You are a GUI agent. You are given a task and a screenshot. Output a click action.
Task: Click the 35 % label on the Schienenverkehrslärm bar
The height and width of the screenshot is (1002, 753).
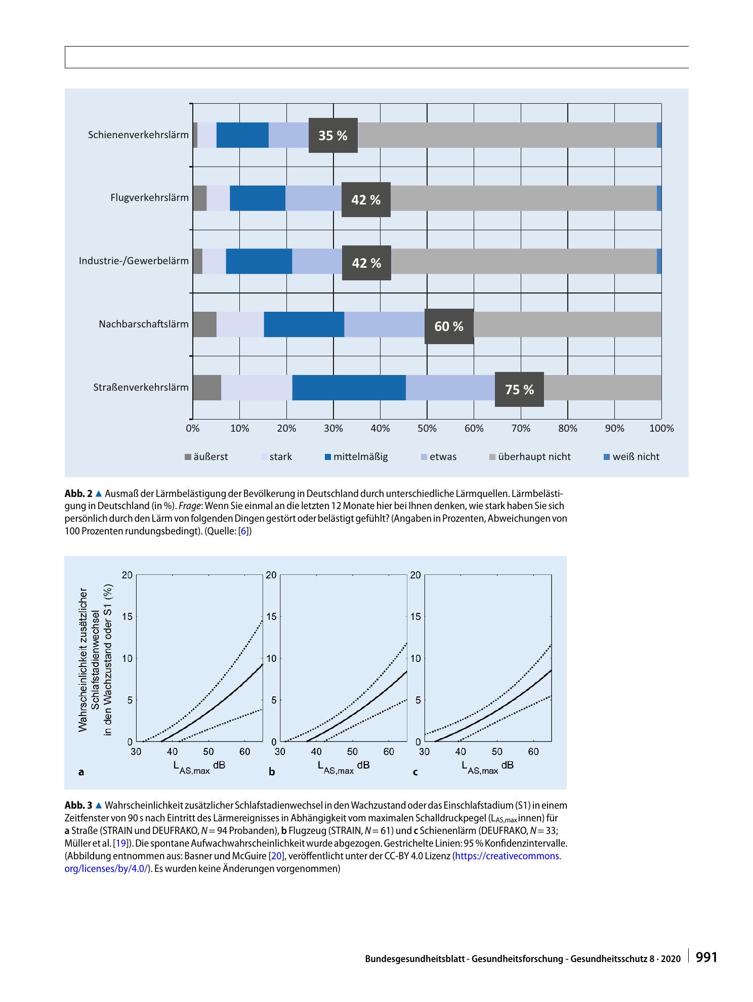pos(333,136)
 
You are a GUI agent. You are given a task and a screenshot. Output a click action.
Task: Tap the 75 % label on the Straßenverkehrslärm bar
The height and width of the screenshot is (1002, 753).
pos(519,390)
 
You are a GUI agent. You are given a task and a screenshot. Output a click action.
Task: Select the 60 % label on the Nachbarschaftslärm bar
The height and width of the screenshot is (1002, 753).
pos(449,326)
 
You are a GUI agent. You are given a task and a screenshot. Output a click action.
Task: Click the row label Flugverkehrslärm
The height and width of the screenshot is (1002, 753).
pos(149,198)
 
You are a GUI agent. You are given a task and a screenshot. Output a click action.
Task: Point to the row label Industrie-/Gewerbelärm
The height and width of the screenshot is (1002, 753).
pos(134,261)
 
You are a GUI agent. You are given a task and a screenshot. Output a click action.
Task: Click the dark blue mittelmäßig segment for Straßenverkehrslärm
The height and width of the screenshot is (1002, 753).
pos(349,388)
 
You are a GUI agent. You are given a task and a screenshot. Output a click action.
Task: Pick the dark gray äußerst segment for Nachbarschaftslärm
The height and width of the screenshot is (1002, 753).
pos(204,324)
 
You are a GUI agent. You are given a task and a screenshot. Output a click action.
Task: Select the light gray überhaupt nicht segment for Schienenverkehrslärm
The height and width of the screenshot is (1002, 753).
pos(507,135)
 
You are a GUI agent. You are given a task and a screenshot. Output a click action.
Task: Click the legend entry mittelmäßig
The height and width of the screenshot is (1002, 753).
pos(356,457)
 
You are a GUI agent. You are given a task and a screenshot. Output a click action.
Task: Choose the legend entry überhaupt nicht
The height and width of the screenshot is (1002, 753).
pos(530,457)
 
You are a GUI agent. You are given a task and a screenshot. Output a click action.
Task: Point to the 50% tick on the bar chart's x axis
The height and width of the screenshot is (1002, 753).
pos(427,429)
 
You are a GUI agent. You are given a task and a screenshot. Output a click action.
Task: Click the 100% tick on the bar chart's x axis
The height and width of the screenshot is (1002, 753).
pos(662,429)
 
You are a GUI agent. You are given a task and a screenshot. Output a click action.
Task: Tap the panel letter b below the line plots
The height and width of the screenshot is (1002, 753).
pos(272,772)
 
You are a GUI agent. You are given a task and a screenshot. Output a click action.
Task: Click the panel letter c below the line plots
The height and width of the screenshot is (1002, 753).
pos(415,772)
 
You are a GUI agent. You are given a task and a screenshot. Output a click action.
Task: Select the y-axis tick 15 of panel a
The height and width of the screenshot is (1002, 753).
pos(127,616)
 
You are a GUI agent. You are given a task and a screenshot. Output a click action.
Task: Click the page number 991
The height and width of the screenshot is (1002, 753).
pos(706,957)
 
